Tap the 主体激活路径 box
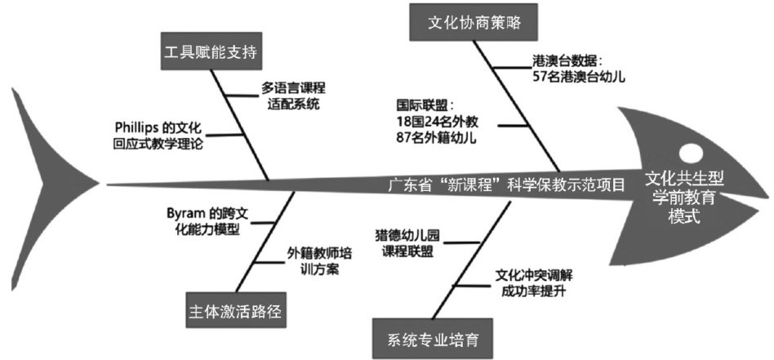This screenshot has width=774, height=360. [235, 310]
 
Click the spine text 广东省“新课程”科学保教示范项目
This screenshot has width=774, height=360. [505, 184]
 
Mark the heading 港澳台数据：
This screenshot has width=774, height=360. [565, 60]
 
